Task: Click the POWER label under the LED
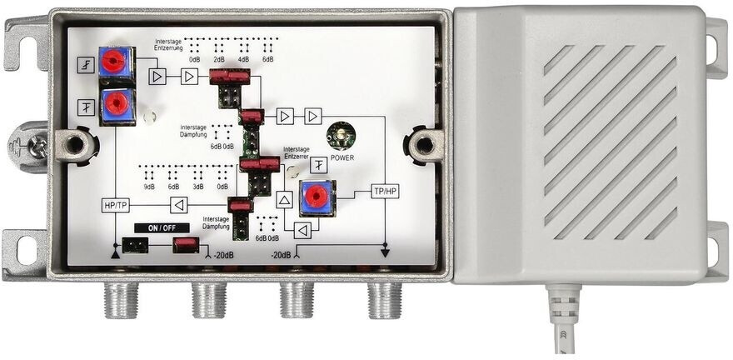[342, 157]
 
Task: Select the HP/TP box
[115, 204]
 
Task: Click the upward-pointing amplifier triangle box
[284, 200]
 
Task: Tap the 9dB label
[148, 187]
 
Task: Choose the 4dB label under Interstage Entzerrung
[243, 60]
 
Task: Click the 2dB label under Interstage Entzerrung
[219, 60]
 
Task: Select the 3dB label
[197, 187]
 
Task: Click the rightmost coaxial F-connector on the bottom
[385, 297]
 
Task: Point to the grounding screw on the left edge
[37, 147]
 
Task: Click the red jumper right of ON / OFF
[185, 244]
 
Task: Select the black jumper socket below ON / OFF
[133, 245]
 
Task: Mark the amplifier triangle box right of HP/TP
[177, 204]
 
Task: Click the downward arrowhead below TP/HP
[385, 251]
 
